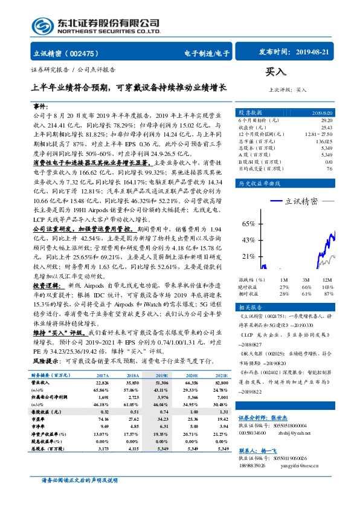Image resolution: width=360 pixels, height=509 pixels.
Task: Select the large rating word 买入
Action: tap(275, 73)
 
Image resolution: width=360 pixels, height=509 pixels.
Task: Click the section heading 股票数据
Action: tap(250, 113)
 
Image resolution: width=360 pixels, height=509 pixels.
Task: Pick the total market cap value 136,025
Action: tap(324, 141)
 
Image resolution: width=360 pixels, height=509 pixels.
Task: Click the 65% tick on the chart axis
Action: tap(248, 224)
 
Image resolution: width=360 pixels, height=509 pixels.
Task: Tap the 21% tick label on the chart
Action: tap(248, 256)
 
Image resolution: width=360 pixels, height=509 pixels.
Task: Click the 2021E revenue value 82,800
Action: tap(220, 383)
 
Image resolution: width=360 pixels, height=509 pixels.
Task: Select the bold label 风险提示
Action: tap(46, 360)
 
